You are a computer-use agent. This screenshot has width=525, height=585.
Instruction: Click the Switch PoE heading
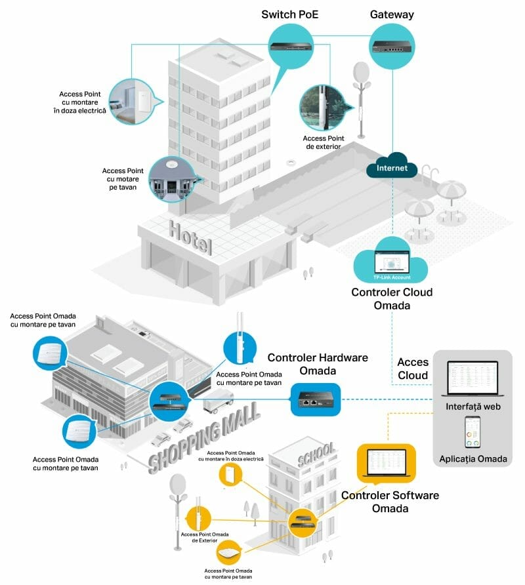(289, 14)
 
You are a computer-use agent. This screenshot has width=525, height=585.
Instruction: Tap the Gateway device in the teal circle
(392, 46)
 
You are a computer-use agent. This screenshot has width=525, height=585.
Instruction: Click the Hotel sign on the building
(190, 237)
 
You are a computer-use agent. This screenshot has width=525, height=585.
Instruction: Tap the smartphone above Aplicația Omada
(472, 432)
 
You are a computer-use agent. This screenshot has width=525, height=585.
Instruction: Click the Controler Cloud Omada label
(392, 298)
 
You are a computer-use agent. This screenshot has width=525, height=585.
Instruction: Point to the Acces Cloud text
(413, 369)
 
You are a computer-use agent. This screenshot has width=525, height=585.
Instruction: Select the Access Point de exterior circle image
(322, 108)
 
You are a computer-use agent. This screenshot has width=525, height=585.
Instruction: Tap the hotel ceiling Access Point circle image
(172, 178)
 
